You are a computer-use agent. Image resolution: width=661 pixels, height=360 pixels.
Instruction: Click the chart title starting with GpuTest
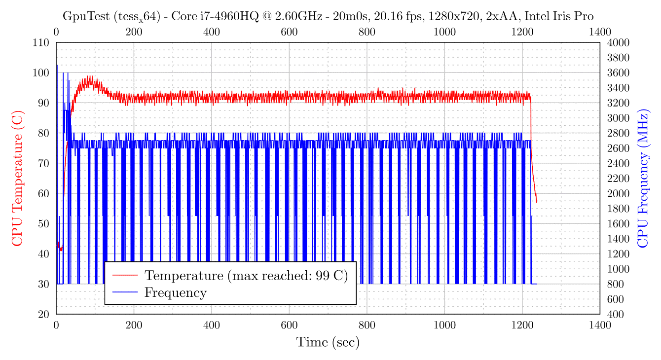pos(328,16)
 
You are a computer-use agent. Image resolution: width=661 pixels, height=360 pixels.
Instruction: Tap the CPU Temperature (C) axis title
pos(17,178)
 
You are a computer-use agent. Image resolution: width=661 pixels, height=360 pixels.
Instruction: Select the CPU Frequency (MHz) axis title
pos(643,178)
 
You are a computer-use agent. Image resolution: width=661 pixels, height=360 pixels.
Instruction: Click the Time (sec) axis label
pos(328,342)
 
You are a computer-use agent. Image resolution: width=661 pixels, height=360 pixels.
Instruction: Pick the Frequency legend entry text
pos(175,292)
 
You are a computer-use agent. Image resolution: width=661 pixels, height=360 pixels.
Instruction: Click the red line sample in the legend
pos(125,275)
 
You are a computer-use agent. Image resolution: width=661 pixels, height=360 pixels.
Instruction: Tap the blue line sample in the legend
pos(125,292)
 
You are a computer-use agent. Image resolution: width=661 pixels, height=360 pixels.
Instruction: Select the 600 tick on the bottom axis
pos(289,325)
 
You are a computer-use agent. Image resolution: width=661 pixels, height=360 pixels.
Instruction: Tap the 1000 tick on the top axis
pos(444,32)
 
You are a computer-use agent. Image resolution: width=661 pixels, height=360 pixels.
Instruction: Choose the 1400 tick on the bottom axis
pos(600,325)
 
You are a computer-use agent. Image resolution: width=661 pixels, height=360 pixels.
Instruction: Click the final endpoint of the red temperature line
pos(536,202)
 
